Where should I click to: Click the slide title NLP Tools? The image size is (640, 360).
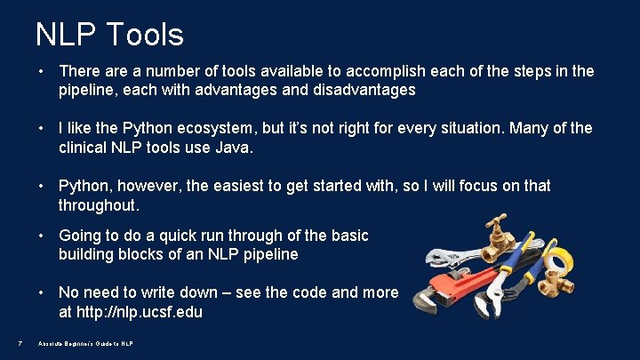(x=109, y=35)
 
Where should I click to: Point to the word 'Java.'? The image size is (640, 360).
(x=235, y=148)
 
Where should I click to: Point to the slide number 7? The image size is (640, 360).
(x=20, y=343)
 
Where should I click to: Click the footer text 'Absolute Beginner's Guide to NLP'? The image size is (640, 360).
(x=85, y=343)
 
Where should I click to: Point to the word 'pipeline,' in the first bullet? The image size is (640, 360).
(x=87, y=91)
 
